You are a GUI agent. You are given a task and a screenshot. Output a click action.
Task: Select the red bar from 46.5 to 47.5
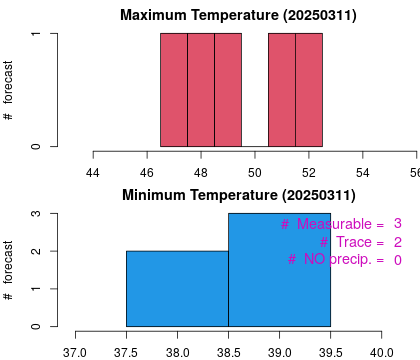(x=174, y=90)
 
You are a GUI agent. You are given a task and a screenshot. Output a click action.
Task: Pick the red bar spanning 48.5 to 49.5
(x=228, y=90)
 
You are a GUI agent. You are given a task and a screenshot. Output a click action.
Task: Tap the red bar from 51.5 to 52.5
(x=309, y=90)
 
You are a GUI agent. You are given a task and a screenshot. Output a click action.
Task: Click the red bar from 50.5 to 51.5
(x=282, y=90)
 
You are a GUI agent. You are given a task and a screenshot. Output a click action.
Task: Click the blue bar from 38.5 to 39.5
(x=279, y=269)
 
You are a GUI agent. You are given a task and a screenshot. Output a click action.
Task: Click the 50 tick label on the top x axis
(x=255, y=171)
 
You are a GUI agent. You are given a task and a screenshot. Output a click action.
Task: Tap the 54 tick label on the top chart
(x=363, y=171)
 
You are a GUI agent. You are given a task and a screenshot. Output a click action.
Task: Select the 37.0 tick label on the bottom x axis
(x=76, y=351)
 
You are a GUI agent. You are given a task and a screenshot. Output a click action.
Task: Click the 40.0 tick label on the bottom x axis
(x=381, y=351)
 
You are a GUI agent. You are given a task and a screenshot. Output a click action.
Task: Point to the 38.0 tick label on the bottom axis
(x=178, y=351)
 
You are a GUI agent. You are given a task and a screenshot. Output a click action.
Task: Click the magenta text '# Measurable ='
(x=332, y=224)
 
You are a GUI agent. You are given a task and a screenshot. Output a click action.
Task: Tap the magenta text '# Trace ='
(x=352, y=242)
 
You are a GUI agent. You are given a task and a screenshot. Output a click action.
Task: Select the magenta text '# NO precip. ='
(x=336, y=260)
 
